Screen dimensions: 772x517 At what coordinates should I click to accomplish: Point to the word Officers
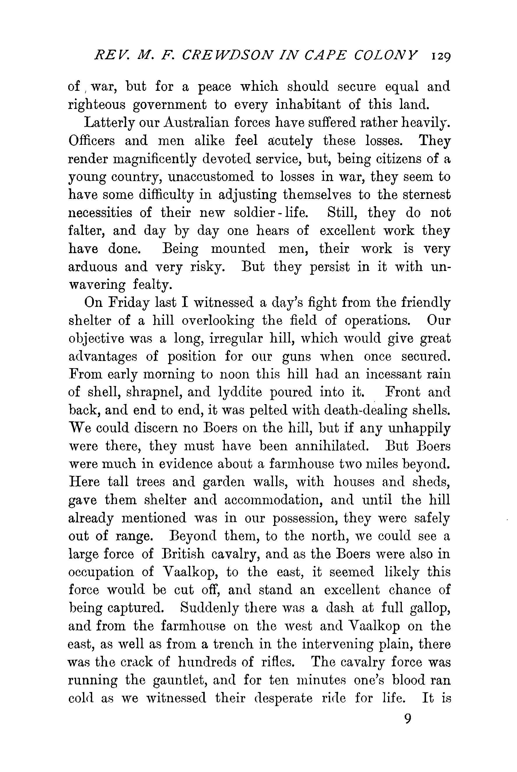pos(92,141)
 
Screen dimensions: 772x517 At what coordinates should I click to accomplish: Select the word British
pos(184,554)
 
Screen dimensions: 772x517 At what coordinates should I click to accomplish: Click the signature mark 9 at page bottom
pos(408,719)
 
